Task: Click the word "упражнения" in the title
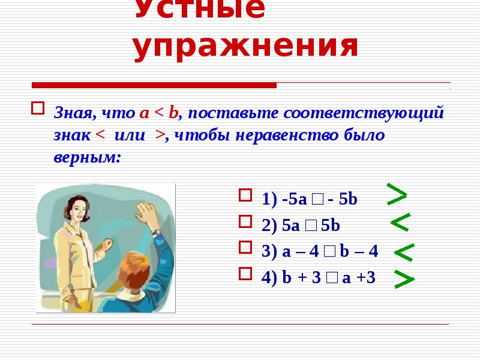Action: click(245, 47)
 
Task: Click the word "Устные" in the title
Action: click(199, 9)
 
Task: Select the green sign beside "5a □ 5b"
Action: click(400, 223)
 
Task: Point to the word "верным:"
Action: click(86, 158)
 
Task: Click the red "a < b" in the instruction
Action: click(160, 113)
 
